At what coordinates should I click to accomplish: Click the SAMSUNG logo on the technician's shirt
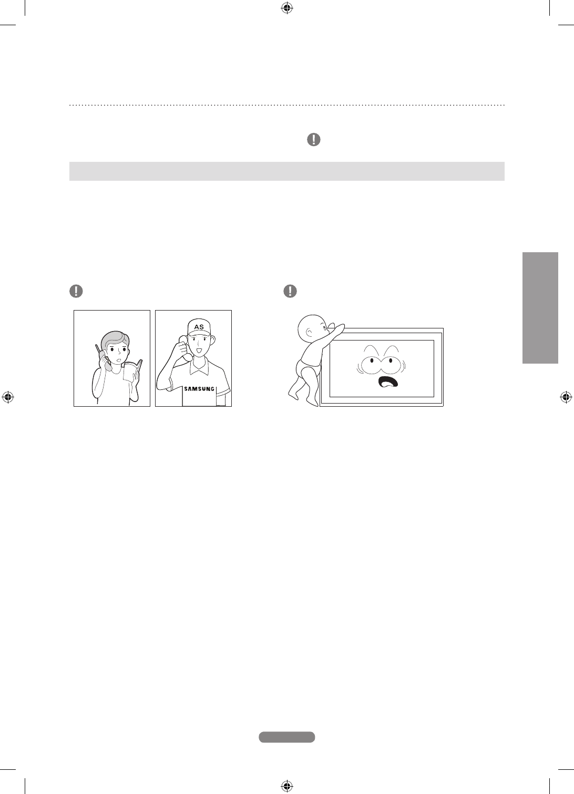[x=199, y=389]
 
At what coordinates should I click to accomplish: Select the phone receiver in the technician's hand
[x=185, y=350]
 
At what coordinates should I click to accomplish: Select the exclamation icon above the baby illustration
[x=290, y=291]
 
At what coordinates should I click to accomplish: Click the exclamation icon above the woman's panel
[x=76, y=291]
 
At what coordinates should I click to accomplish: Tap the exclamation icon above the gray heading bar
[x=313, y=139]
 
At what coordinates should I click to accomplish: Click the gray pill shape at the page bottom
[x=287, y=737]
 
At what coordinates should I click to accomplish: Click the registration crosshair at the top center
[x=287, y=7]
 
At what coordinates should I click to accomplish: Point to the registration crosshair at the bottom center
[x=287, y=786]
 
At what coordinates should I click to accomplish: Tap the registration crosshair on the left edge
[x=7, y=397]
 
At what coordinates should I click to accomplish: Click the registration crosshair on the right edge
[x=566, y=397]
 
